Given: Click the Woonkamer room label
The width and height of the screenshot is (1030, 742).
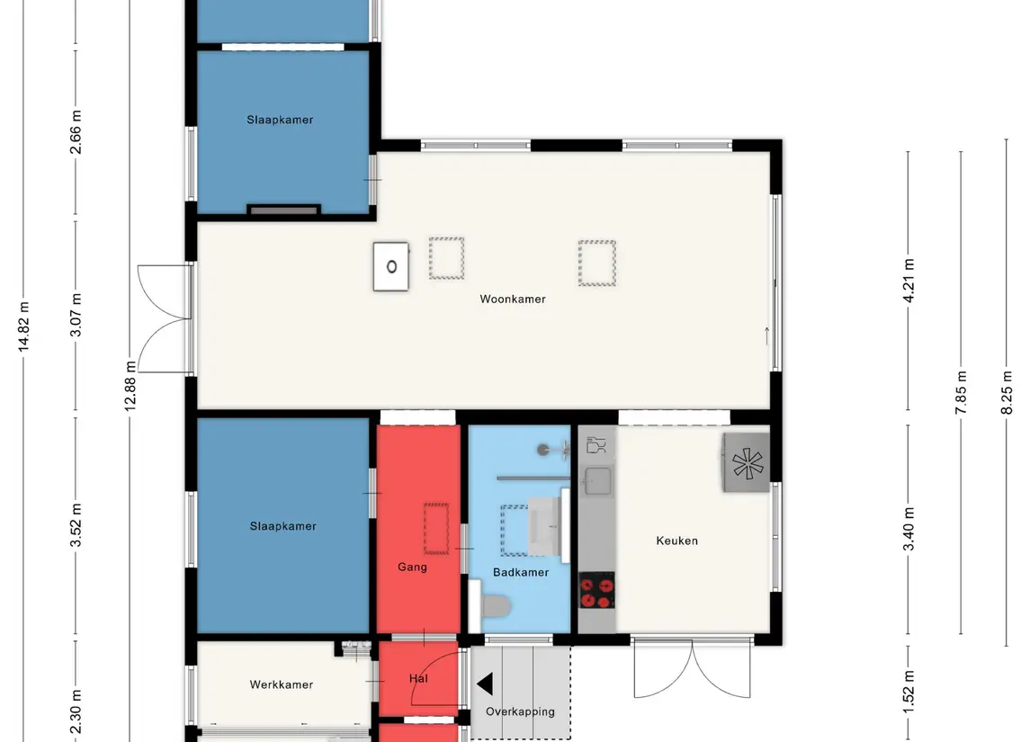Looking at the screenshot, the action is (x=513, y=299).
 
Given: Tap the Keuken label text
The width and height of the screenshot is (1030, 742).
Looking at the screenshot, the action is (x=676, y=541).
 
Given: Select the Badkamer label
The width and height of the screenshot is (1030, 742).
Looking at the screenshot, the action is (x=520, y=572).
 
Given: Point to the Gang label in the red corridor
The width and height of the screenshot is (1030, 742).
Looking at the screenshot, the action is (x=412, y=567).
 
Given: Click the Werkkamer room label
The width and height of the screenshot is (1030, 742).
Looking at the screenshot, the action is (x=282, y=684).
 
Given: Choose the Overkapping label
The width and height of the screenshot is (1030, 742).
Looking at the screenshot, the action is (x=520, y=711).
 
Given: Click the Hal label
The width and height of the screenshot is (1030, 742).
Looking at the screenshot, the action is (x=418, y=678).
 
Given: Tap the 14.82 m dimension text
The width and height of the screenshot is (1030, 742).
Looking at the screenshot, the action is (x=23, y=327).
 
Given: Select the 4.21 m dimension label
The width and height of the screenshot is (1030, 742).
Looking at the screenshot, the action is (x=909, y=281).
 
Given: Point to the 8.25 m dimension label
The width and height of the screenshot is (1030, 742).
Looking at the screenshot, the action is (x=1007, y=393).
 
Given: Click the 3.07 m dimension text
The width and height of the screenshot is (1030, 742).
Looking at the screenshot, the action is (x=76, y=315).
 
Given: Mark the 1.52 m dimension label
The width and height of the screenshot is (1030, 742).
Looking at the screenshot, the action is (x=909, y=692).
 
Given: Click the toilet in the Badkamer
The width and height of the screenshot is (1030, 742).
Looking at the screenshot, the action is (x=496, y=605).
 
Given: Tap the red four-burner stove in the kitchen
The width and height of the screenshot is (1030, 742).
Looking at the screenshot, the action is (x=596, y=590).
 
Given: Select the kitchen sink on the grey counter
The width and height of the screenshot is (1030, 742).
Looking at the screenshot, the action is (x=597, y=481).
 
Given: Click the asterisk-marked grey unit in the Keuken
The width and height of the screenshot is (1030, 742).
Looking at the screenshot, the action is (x=747, y=462).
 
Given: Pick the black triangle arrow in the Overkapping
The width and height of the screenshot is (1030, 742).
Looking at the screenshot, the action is (x=485, y=684).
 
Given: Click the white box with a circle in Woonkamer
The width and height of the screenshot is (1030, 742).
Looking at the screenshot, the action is (x=390, y=266).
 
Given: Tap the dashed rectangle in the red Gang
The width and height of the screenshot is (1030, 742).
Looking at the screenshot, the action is (x=436, y=529).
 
